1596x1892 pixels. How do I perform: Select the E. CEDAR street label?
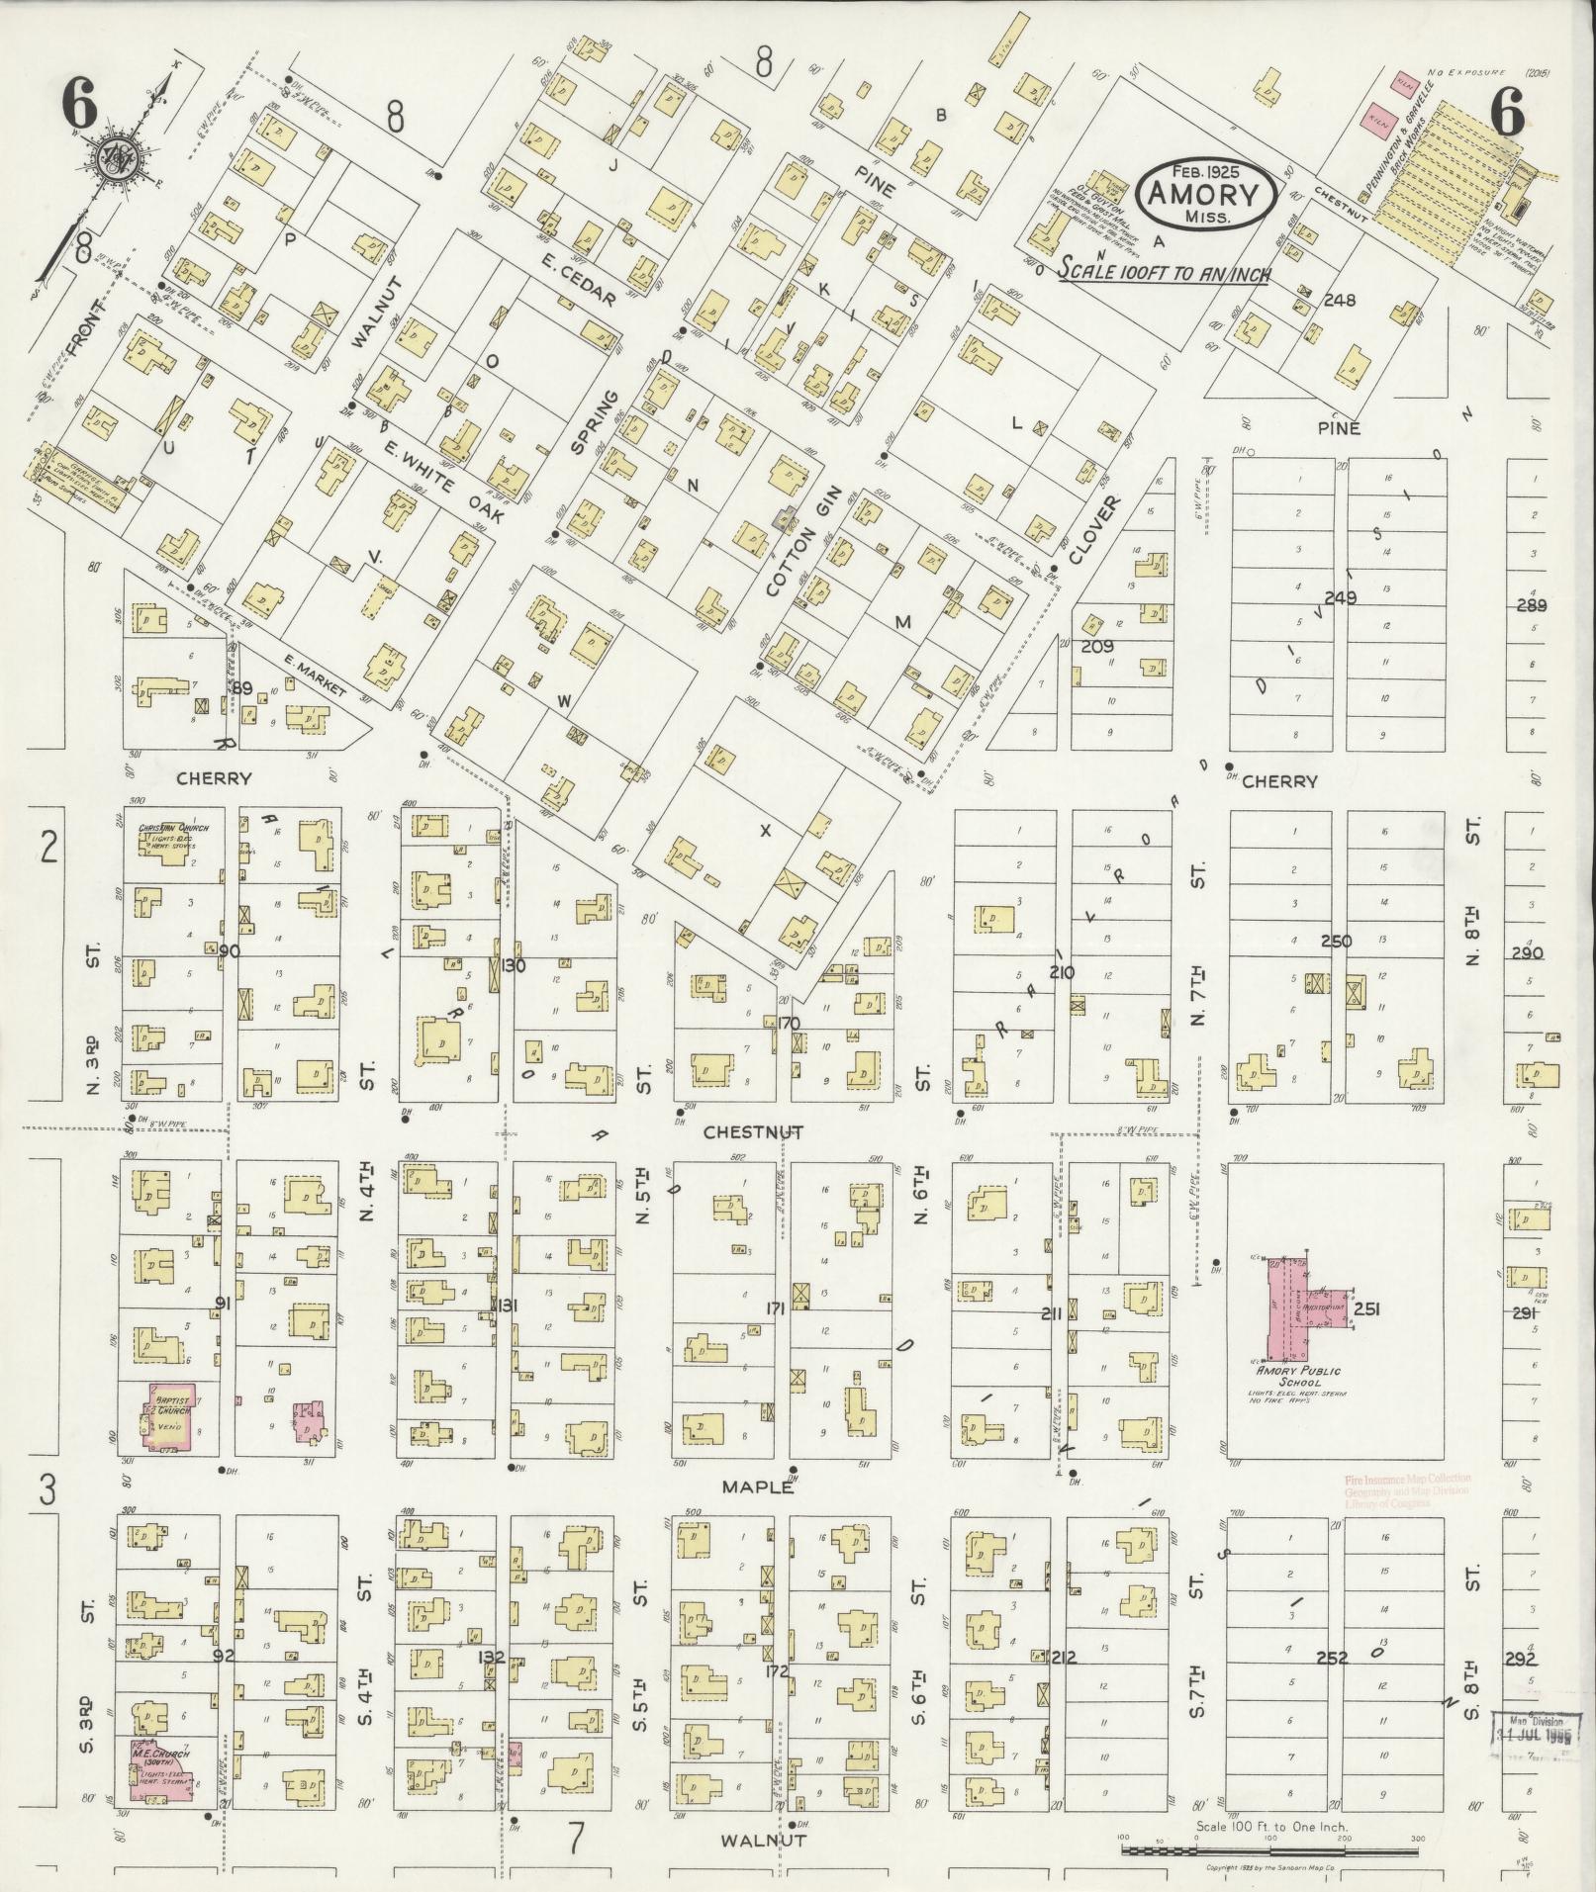coord(580,280)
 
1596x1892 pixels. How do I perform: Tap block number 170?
coord(789,1024)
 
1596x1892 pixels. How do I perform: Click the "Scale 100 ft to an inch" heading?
coord(1165,272)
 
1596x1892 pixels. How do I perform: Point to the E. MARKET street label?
coord(314,676)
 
